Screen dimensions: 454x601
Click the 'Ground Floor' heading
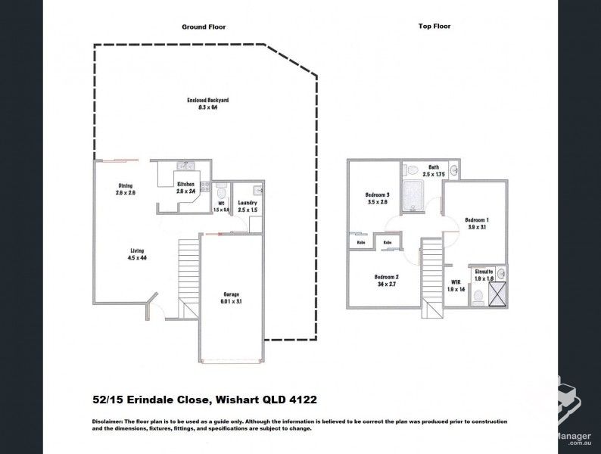[204, 26]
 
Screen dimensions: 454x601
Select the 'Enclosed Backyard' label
[208, 100]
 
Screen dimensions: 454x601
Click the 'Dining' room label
[125, 185]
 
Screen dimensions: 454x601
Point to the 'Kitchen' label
[185, 185]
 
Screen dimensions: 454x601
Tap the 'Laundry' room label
[247, 202]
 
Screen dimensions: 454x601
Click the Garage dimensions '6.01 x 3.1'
[231, 300]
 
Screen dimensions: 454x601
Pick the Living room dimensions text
[136, 259]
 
